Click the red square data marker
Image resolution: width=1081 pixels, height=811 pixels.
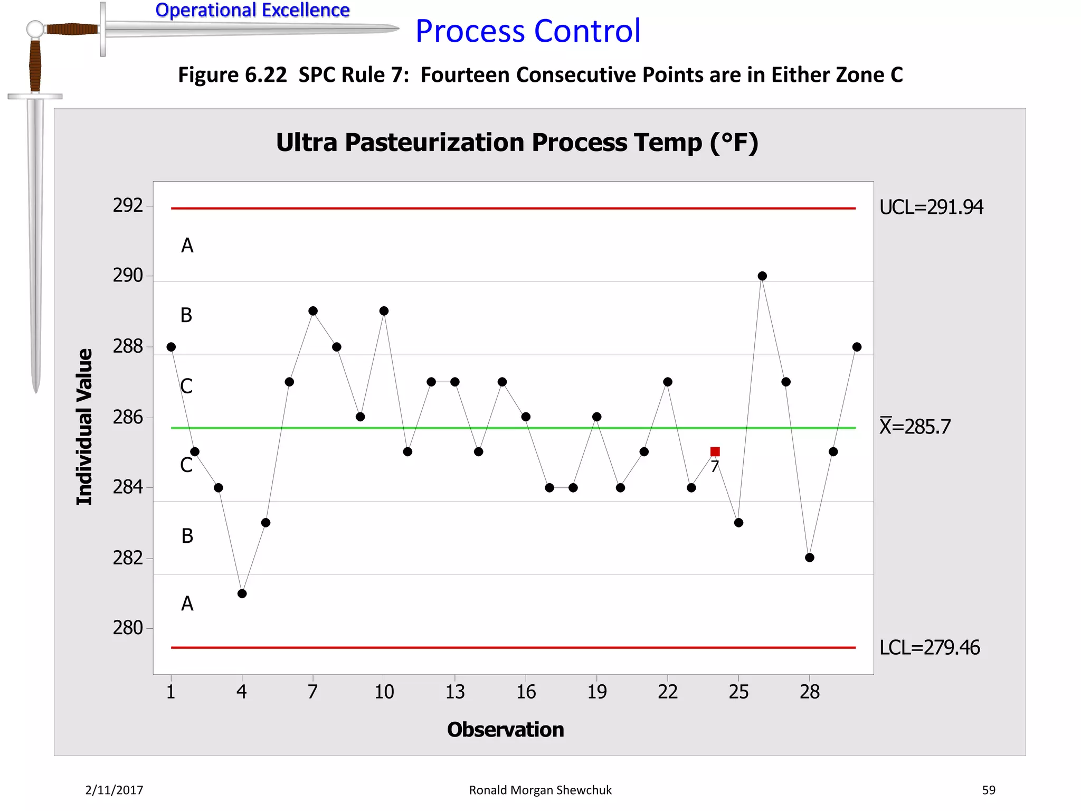[715, 451]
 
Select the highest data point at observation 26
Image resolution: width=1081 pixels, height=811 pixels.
[762, 276]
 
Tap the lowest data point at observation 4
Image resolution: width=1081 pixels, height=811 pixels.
[242, 593]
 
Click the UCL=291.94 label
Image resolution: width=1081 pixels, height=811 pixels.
[931, 208]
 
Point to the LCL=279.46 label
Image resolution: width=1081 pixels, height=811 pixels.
[930, 647]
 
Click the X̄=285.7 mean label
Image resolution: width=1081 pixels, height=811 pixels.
[915, 427]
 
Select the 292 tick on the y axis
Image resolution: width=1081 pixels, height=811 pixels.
[128, 205]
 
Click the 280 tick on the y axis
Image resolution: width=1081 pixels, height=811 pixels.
[128, 628]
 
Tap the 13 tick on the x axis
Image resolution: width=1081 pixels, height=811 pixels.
[455, 692]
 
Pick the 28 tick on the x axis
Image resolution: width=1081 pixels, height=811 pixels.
[810, 692]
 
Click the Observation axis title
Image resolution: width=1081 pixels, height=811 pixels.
[505, 730]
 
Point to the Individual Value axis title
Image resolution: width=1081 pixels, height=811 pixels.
[84, 427]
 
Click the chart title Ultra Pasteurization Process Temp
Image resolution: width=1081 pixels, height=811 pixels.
[517, 143]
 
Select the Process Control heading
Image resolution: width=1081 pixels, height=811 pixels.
[528, 31]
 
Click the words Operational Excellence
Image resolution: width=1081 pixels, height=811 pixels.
[252, 10]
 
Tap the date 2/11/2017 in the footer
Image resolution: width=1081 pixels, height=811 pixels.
[114, 790]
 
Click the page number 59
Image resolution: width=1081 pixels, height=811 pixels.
[988, 790]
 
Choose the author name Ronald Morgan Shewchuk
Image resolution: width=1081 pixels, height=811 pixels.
[540, 790]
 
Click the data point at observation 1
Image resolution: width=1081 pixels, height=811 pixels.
[171, 347]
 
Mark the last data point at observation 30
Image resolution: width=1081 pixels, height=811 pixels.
[857, 347]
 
